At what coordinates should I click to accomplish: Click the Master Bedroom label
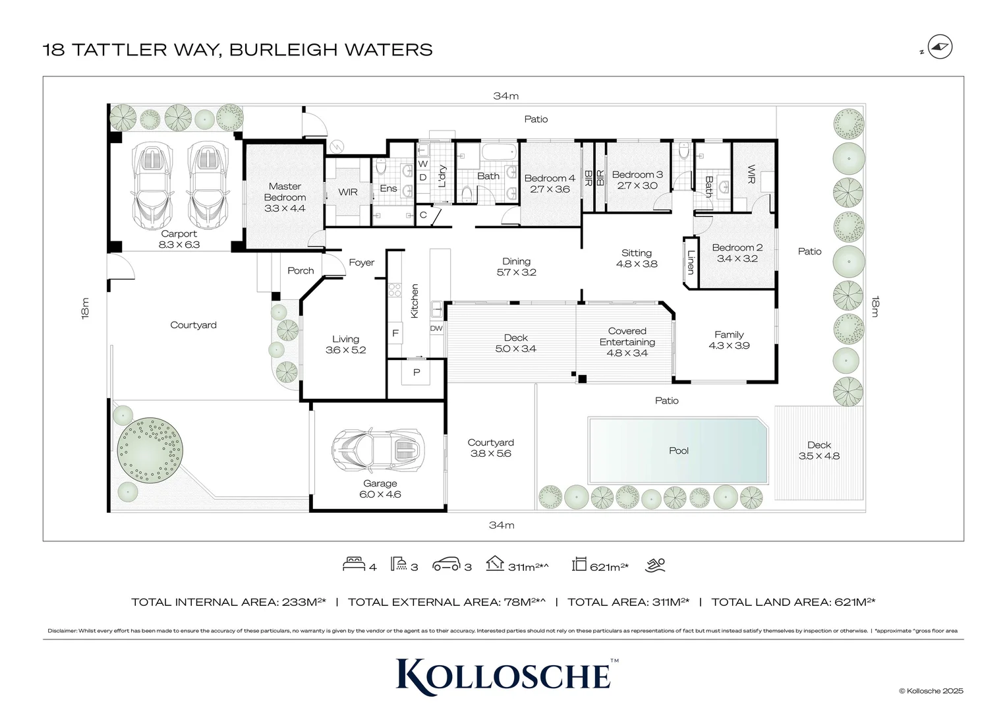(285, 192)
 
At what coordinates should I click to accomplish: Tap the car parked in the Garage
(376, 450)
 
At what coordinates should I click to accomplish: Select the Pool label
(678, 450)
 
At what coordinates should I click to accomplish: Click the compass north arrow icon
(939, 47)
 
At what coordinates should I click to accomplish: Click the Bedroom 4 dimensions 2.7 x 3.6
(550, 189)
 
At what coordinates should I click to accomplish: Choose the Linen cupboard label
(691, 262)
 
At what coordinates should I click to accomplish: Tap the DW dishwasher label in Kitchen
(436, 328)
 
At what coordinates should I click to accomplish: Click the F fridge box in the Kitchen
(395, 333)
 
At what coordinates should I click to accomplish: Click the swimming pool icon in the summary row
(656, 564)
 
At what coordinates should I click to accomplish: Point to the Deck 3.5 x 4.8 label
(819, 450)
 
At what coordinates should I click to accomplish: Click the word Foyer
(361, 262)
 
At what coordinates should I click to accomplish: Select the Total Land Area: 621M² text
(793, 602)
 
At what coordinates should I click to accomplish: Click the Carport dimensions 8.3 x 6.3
(179, 245)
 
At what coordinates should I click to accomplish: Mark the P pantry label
(417, 372)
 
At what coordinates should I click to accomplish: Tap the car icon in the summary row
(446, 564)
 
